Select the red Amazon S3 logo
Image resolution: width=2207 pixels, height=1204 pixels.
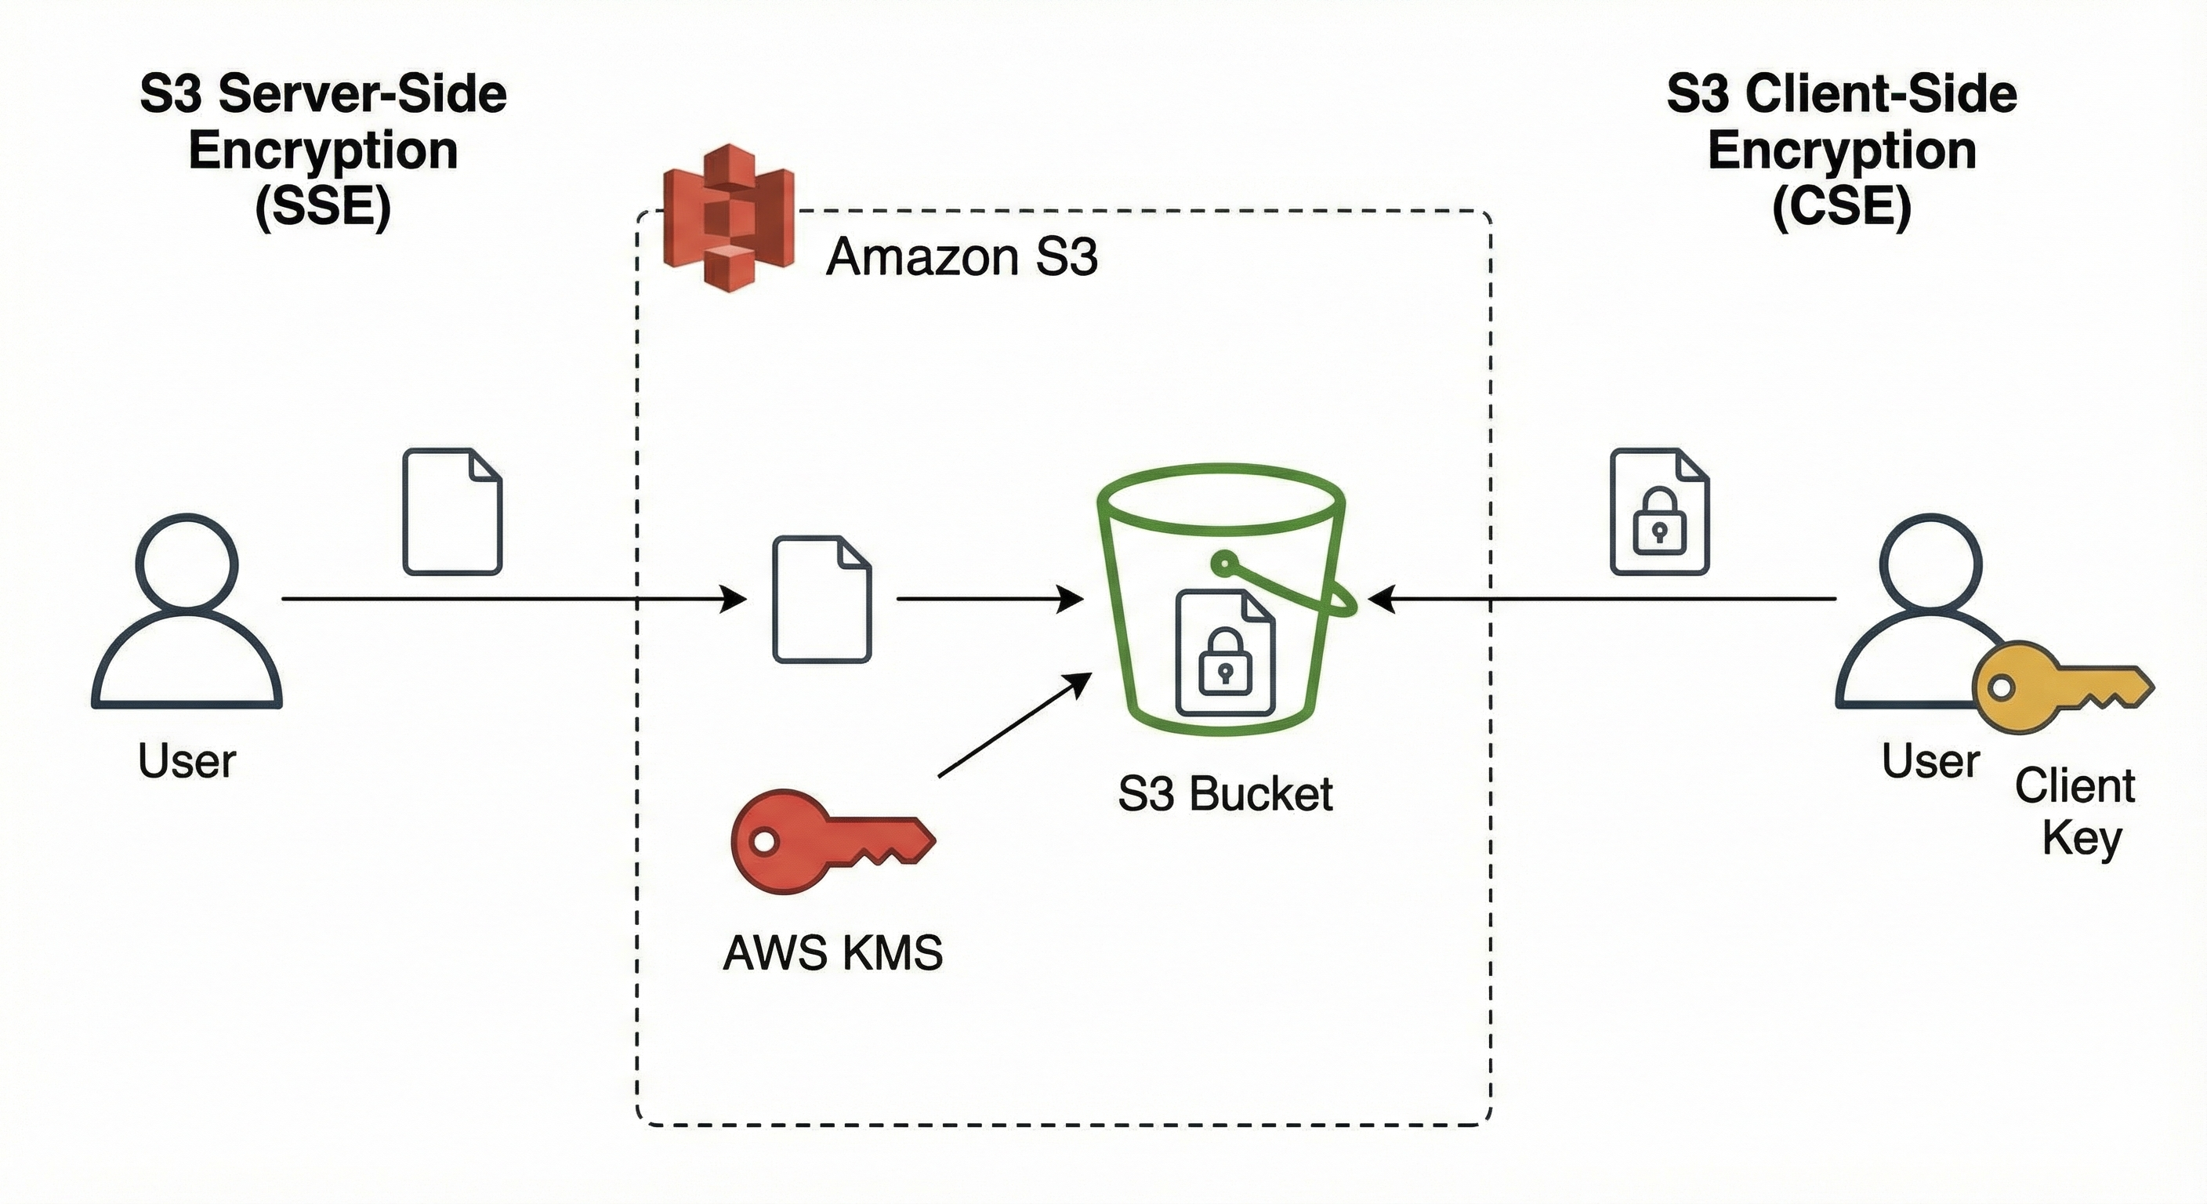click(x=728, y=218)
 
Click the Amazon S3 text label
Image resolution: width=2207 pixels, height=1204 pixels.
click(x=962, y=256)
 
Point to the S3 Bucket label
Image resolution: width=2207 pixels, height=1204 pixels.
click(x=1225, y=793)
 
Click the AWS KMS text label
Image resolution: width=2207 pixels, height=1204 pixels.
click(x=833, y=953)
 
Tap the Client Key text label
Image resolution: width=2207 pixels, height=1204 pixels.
click(x=2075, y=811)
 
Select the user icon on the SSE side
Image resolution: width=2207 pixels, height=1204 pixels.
click(x=187, y=613)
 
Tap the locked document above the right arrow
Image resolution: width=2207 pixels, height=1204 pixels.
click(x=1659, y=513)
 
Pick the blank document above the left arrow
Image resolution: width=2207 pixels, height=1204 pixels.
click(x=452, y=513)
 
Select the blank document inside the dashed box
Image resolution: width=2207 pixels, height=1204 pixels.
click(x=821, y=600)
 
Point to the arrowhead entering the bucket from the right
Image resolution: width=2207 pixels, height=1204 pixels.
click(x=1382, y=599)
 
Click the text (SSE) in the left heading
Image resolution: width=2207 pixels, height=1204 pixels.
click(x=323, y=206)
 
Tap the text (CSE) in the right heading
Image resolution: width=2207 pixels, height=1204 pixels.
click(x=1842, y=206)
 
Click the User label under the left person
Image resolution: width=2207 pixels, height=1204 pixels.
click(x=187, y=761)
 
